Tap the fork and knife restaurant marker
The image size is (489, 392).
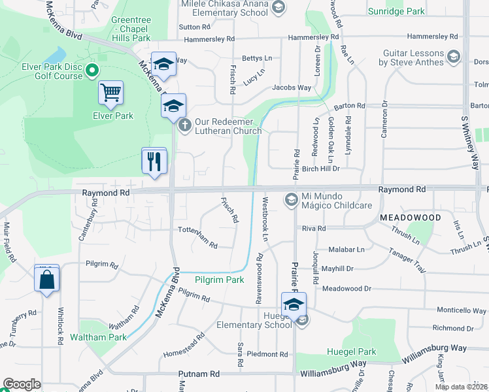point(154,161)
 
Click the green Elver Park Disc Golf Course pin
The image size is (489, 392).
point(92,70)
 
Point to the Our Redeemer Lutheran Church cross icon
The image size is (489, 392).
point(185,124)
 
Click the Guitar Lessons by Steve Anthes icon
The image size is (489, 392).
point(453,58)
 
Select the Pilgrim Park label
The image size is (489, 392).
point(219,280)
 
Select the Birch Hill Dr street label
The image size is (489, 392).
point(321,168)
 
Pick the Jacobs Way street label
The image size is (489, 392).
point(292,88)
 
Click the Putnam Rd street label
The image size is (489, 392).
point(199,374)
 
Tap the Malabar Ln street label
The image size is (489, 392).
point(346,249)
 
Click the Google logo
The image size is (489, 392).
point(22,384)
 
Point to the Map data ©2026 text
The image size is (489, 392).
point(461,387)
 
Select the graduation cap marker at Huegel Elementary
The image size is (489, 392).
point(294,305)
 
